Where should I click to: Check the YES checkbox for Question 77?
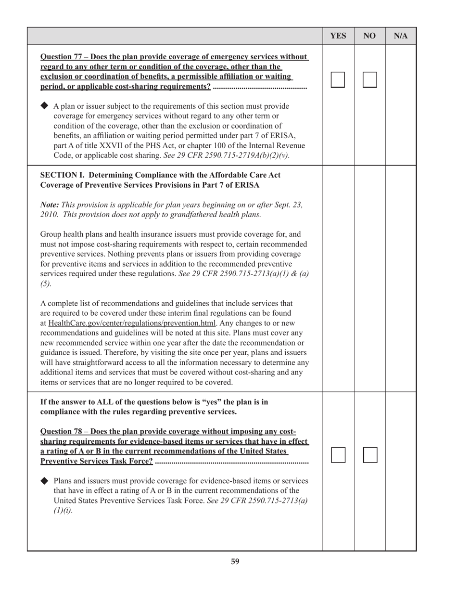338,80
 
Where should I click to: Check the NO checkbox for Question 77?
369,80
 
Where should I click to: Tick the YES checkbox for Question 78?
338,455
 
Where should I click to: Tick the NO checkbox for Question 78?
370,455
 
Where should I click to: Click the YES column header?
338,36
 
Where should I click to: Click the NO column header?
369,36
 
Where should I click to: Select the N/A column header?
401,36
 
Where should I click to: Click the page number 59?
235,561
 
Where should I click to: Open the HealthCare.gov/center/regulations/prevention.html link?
132,323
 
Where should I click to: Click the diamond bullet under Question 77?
45,105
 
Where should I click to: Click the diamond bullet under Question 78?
45,480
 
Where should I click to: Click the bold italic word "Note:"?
51,205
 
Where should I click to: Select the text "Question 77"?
61,57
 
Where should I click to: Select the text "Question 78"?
61,431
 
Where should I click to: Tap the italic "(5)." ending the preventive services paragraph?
46,284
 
